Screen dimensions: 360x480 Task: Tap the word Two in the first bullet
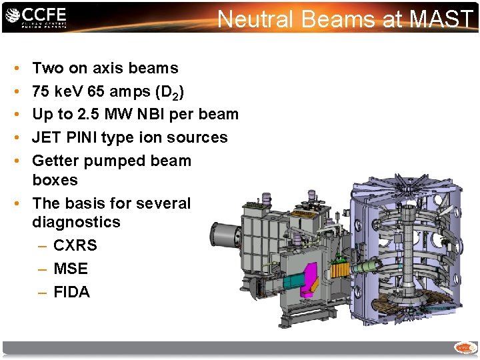47,68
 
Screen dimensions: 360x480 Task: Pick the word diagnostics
76,222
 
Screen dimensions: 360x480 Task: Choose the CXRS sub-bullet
75,245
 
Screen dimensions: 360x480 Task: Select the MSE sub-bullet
71,269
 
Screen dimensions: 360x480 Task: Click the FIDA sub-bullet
71,292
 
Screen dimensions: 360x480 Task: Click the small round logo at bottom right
464,347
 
